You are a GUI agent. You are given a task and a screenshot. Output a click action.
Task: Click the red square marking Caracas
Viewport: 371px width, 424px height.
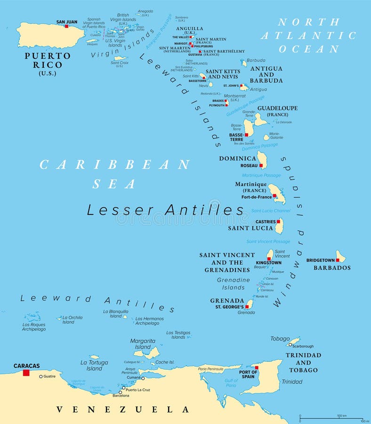tap(26, 373)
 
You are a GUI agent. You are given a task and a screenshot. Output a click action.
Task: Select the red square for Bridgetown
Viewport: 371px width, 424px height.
tap(338, 260)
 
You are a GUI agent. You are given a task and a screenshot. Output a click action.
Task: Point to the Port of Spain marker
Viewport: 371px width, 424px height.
tap(257, 367)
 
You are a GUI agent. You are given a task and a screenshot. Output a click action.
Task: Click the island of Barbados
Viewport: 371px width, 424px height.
tap(341, 257)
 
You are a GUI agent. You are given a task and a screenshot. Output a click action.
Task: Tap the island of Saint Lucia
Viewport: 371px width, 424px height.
tap(279, 226)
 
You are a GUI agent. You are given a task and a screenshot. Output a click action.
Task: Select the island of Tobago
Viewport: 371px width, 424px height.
tap(293, 341)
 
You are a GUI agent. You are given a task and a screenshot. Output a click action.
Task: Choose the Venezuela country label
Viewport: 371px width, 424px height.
tap(122, 409)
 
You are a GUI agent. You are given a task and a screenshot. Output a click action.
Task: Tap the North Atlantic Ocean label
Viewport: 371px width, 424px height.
tap(308, 35)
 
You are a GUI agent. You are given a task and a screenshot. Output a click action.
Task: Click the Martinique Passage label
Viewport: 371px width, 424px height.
tap(261, 175)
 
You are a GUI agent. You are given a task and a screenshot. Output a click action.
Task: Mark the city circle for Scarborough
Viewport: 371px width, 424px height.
tap(290, 345)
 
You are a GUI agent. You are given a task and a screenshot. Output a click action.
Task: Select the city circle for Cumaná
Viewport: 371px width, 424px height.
tap(143, 378)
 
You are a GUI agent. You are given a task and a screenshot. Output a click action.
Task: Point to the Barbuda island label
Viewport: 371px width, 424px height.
tap(256, 60)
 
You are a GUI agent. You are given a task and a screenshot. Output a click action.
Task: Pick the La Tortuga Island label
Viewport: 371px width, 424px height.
tap(94, 365)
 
